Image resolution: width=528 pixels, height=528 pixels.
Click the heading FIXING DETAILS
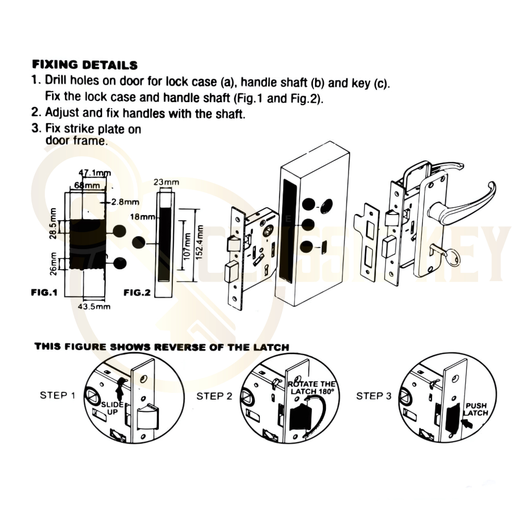click(85, 65)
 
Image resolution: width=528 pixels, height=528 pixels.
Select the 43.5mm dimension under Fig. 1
click(94, 306)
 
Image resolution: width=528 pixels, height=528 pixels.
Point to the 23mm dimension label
click(167, 183)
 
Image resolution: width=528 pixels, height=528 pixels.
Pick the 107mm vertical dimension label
click(187, 246)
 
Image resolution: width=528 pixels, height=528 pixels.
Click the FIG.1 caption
click(44, 293)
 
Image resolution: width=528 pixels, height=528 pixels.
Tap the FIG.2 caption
click(137, 293)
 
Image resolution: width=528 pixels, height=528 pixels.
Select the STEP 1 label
click(58, 395)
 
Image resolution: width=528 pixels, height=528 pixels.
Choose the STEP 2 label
click(214, 396)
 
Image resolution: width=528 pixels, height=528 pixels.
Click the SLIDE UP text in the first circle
click(112, 408)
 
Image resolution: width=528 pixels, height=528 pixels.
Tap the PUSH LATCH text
click(476, 409)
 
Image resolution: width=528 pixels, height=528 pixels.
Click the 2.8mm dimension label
click(124, 202)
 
